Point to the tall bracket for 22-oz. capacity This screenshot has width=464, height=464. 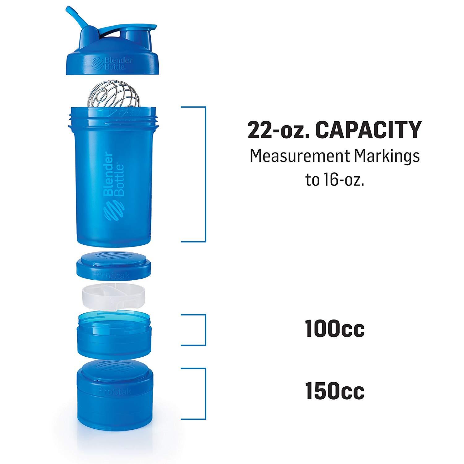(x=205, y=174)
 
